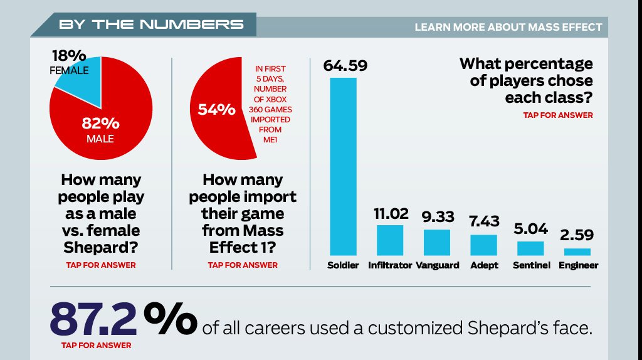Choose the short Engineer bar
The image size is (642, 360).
(x=577, y=251)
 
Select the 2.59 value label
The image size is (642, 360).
(x=577, y=235)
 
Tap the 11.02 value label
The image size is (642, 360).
(x=390, y=213)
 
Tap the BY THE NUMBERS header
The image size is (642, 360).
(x=150, y=24)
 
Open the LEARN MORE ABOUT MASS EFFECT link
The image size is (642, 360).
(x=508, y=28)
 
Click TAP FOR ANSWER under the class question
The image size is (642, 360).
(x=557, y=115)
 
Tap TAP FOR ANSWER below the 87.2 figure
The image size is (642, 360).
(x=96, y=345)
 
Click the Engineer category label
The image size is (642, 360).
(x=577, y=265)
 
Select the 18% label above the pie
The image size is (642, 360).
(x=69, y=55)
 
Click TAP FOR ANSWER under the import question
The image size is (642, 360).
(x=243, y=265)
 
